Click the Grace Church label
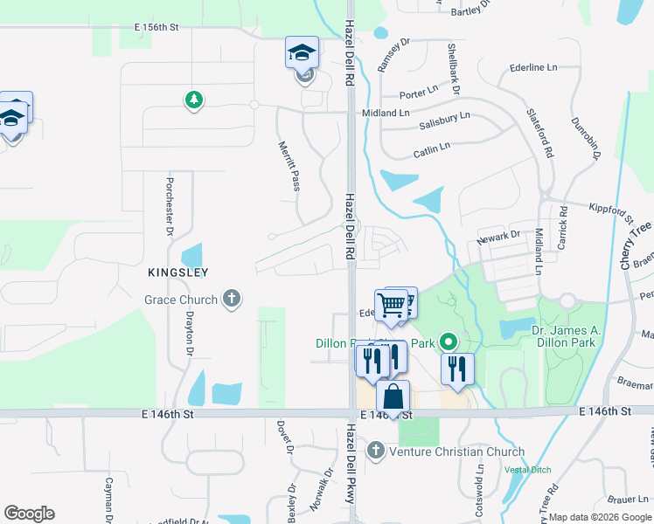coord(180,300)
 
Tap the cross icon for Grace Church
coord(232,300)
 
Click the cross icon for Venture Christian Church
coord(376,452)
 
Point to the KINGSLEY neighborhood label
coord(177,272)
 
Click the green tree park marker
coord(193,100)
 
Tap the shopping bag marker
coord(393,397)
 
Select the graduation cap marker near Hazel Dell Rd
coord(302,53)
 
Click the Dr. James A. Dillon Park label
coord(563,336)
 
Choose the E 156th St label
coord(157,28)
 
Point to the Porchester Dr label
coord(169,208)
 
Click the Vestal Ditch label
coord(528,470)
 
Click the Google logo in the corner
coord(29,514)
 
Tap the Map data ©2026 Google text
coord(600,517)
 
